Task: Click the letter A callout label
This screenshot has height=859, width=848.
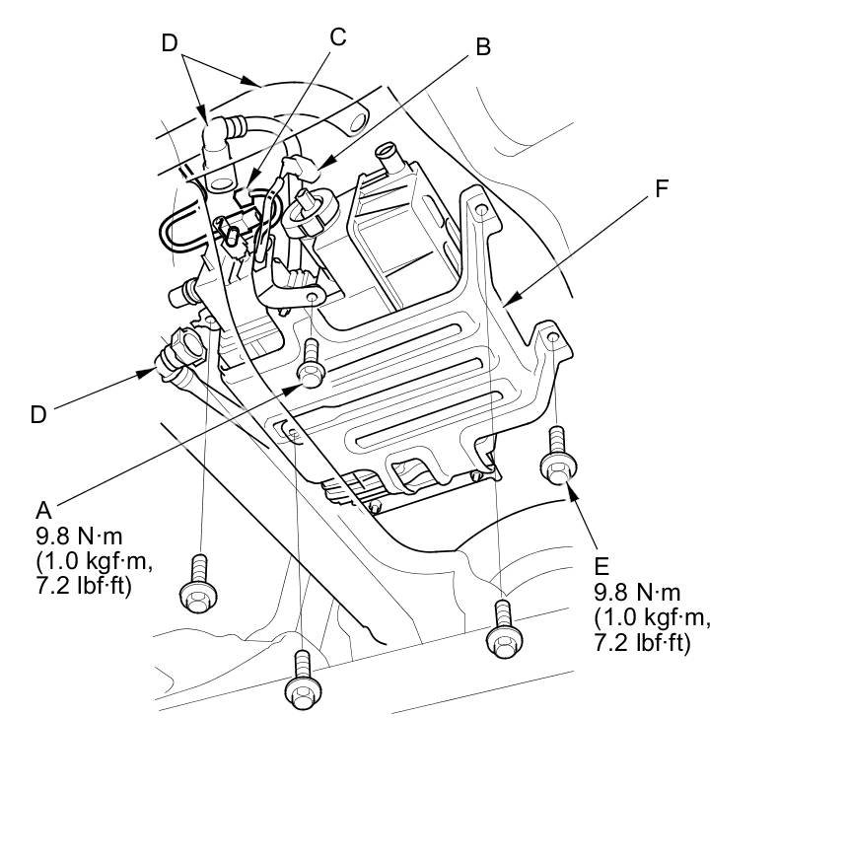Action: (x=43, y=510)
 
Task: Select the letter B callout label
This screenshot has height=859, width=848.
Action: (x=482, y=46)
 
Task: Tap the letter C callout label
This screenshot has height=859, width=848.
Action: (x=338, y=37)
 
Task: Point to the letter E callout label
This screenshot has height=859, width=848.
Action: (x=602, y=566)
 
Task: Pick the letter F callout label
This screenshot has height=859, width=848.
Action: (x=663, y=189)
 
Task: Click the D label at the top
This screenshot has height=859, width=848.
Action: (x=170, y=42)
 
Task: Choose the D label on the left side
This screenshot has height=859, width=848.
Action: (x=37, y=415)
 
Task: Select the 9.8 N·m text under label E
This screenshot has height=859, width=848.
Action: (x=638, y=593)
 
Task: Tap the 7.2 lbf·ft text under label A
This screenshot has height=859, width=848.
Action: (x=83, y=586)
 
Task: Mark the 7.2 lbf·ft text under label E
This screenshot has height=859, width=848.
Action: (x=642, y=642)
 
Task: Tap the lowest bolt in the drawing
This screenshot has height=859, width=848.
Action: (x=302, y=680)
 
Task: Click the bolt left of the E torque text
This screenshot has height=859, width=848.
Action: (x=504, y=630)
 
